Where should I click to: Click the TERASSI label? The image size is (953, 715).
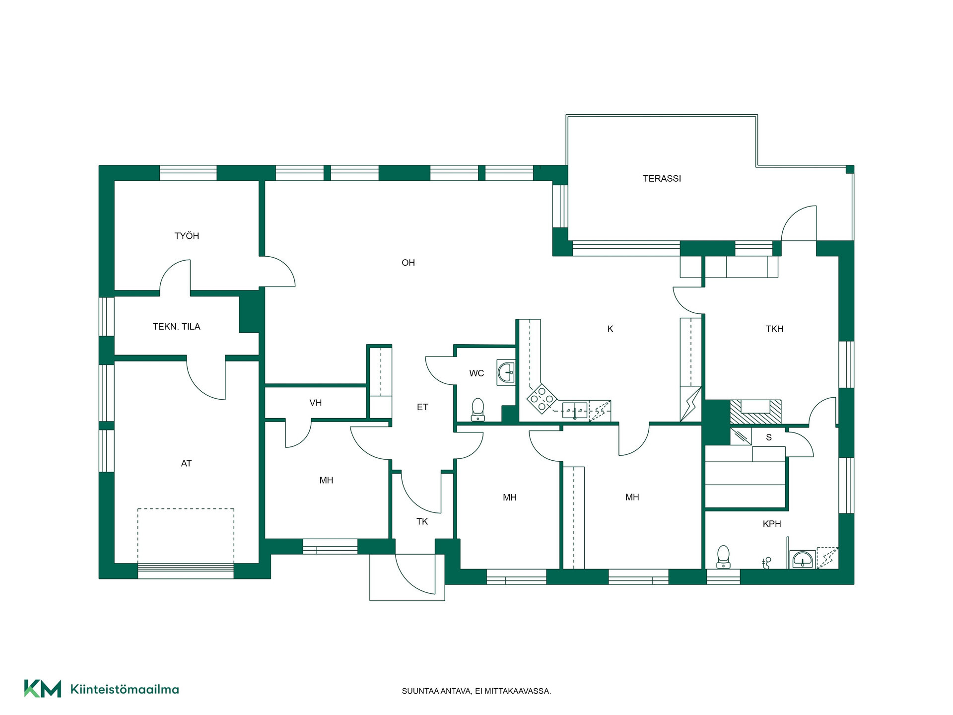click(x=662, y=179)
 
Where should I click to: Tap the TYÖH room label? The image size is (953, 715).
click(x=187, y=236)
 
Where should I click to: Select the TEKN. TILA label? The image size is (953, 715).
click(x=176, y=327)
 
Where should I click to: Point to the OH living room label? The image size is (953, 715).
click(x=408, y=263)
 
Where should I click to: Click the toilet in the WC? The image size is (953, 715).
click(x=477, y=409)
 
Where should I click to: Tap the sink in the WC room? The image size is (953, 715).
click(x=506, y=372)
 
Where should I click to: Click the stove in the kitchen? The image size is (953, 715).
click(x=542, y=398)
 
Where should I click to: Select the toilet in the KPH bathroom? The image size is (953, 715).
click(x=723, y=557)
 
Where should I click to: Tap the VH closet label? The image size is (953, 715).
click(x=316, y=403)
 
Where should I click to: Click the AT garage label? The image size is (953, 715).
click(x=186, y=463)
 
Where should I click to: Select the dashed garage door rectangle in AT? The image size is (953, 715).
click(x=186, y=536)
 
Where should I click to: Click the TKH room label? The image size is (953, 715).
click(x=774, y=329)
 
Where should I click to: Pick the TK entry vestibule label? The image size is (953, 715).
click(x=422, y=521)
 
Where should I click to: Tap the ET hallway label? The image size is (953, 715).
click(x=422, y=407)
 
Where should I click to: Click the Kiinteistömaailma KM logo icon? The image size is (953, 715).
click(x=43, y=689)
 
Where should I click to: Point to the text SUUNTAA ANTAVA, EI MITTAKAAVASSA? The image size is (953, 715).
click(x=476, y=691)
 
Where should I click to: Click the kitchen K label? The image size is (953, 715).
click(x=610, y=329)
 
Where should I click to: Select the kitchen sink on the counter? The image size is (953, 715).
click(x=575, y=411)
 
